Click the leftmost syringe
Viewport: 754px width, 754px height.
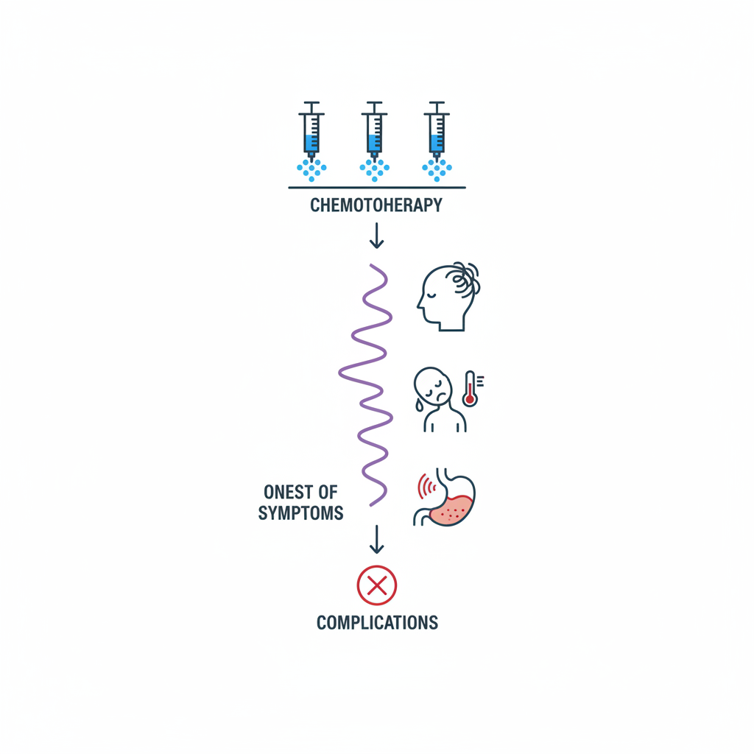click(311, 133)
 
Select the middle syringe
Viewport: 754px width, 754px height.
click(374, 133)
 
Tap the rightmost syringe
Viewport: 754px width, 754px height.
click(437, 133)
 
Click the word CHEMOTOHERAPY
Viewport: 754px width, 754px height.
click(376, 205)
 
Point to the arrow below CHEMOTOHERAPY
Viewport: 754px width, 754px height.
click(376, 236)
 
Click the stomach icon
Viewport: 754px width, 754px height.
click(450, 499)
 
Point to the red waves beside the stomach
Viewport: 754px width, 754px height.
click(425, 487)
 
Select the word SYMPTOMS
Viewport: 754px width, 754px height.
click(300, 513)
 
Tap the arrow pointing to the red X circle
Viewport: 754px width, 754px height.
click(376, 539)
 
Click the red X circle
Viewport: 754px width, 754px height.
click(376, 585)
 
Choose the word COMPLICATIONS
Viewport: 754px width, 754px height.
click(377, 623)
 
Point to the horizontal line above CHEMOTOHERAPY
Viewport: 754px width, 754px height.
click(376, 188)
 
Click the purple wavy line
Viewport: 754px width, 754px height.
click(366, 383)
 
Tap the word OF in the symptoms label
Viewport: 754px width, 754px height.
click(328, 492)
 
